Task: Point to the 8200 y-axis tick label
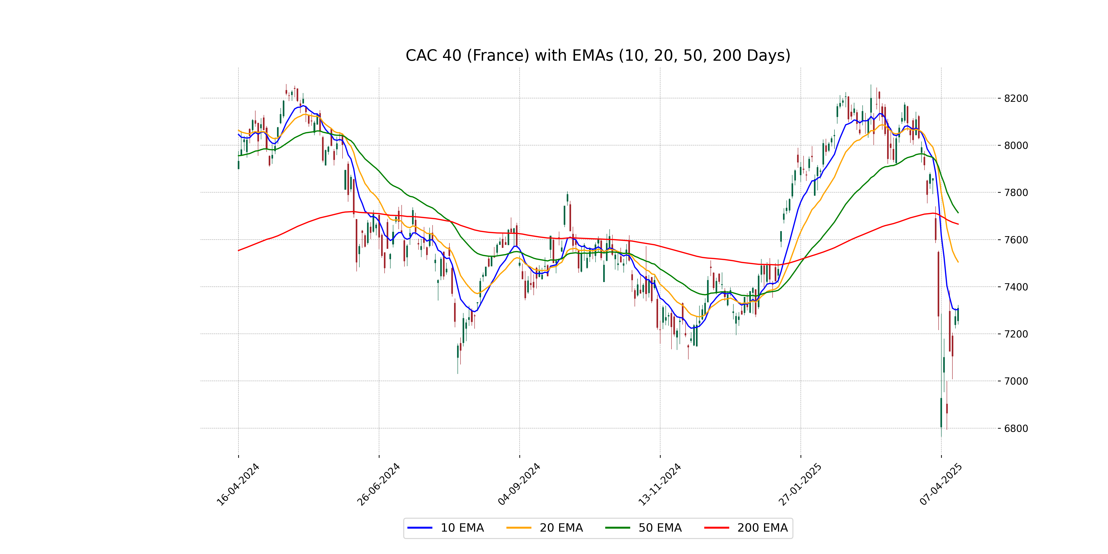click(1016, 99)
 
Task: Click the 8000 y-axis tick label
click(1016, 145)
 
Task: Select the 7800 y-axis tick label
click(1016, 193)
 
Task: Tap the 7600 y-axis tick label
click(1016, 240)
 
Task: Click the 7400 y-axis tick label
click(1016, 287)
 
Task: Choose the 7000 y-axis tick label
click(1016, 381)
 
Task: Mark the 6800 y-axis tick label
click(1016, 428)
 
